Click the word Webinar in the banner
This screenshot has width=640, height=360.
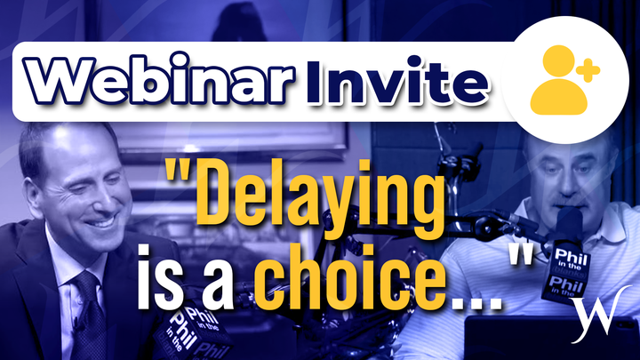coord(159,81)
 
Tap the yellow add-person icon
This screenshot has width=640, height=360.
coord(564,80)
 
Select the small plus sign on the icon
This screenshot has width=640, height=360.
coord(588,70)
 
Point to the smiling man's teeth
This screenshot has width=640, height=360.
coord(100,223)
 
